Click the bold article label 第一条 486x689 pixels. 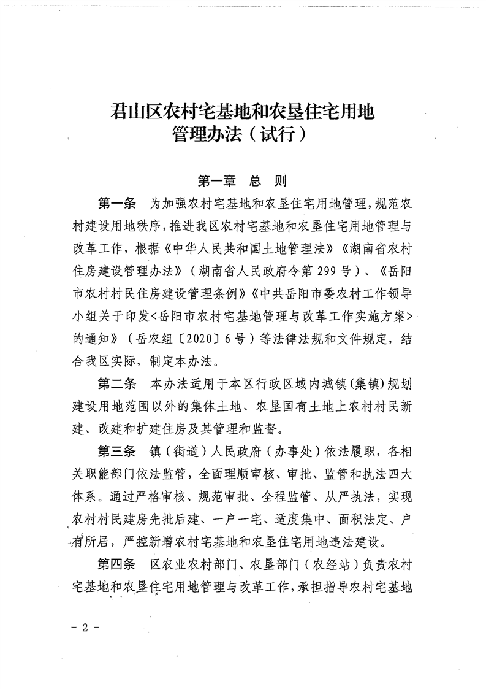pos(121,202)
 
